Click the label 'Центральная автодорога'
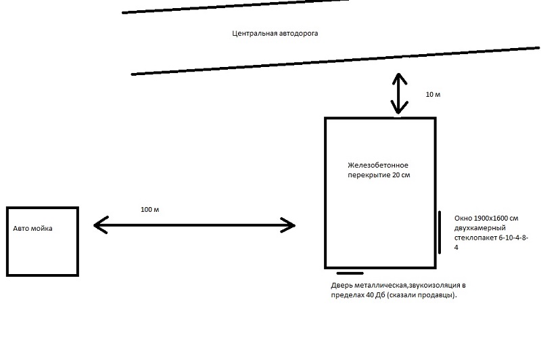point(275,33)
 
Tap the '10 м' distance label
point(433,94)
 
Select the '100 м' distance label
point(149,209)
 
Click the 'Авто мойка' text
point(32,229)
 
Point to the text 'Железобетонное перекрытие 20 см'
point(379,170)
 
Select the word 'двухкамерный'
point(473,228)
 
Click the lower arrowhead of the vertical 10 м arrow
point(399,110)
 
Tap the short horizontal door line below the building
point(350,273)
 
